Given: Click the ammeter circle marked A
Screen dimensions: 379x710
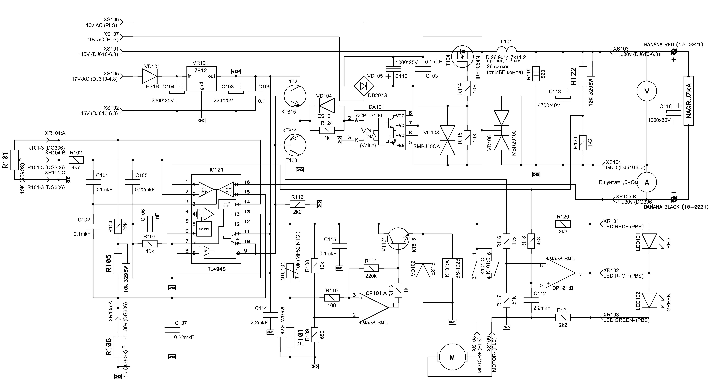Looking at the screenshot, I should (647, 182).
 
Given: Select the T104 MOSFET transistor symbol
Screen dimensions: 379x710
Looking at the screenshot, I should (463, 57).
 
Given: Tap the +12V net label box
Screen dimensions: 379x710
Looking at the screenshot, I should (236, 71).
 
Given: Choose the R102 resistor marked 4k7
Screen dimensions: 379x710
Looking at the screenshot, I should (76, 160).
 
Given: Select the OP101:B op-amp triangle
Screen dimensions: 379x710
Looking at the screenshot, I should (560, 273).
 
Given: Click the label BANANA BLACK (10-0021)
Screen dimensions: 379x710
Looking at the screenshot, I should (676, 207).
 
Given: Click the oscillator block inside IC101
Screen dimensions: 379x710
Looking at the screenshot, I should (204, 229).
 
